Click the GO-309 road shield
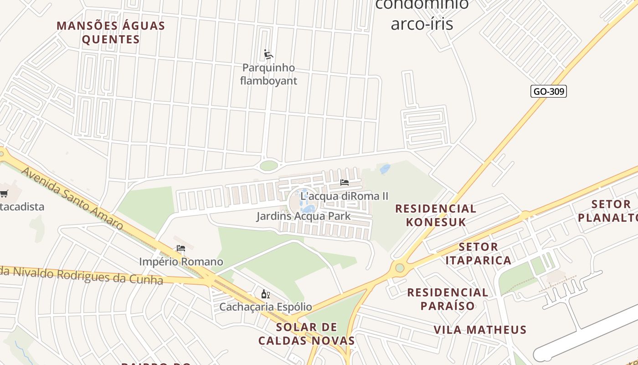[x=549, y=91]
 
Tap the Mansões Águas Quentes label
[x=111, y=32]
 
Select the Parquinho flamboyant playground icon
[x=268, y=55]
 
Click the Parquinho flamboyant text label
[x=268, y=74]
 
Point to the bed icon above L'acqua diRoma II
[x=345, y=182]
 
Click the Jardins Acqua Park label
[x=304, y=216]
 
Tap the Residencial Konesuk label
[x=436, y=215]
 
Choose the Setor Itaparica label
[x=478, y=254]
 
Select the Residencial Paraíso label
[x=448, y=299]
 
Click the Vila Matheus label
[x=480, y=329]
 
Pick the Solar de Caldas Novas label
[x=306, y=334]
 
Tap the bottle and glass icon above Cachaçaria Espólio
[x=265, y=294]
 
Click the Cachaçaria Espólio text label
[x=266, y=307]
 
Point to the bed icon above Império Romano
[x=181, y=249]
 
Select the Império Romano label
[x=181, y=262]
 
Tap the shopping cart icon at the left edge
[x=4, y=194]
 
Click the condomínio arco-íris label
[x=422, y=14]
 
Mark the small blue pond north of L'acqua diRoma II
[x=385, y=169]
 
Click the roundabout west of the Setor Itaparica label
[x=400, y=268]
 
